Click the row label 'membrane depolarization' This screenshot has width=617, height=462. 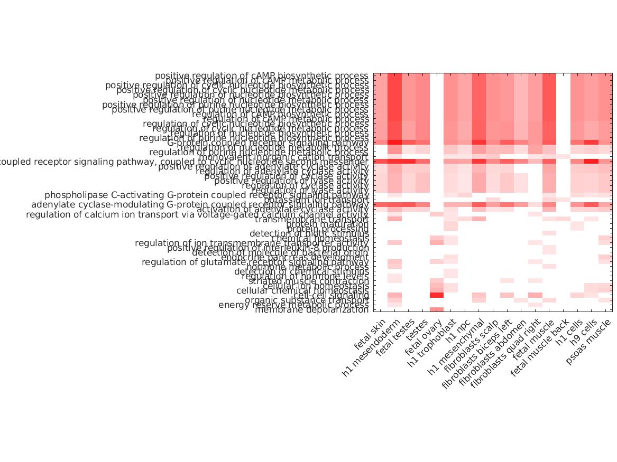point(311,310)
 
